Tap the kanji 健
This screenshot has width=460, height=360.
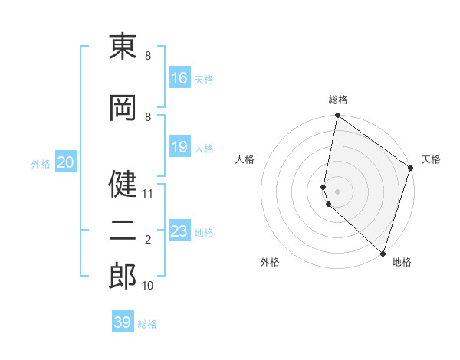(123, 185)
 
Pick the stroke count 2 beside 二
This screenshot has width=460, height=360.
(148, 240)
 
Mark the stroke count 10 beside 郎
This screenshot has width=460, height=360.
(148, 286)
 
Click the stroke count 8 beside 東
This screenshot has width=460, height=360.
(148, 56)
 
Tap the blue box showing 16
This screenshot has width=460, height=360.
(179, 78)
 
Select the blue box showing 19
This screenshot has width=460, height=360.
(179, 147)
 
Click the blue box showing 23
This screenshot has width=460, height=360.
(179, 231)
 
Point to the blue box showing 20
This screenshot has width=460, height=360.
(66, 162)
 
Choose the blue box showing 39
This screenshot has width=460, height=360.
(123, 322)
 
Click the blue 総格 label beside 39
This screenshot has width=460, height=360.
(148, 324)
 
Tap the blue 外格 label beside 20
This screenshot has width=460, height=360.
(41, 164)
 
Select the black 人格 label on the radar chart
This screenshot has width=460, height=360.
(245, 159)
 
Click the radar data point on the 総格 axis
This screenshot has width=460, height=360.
(337, 116)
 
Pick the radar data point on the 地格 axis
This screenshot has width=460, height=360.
(383, 254)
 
